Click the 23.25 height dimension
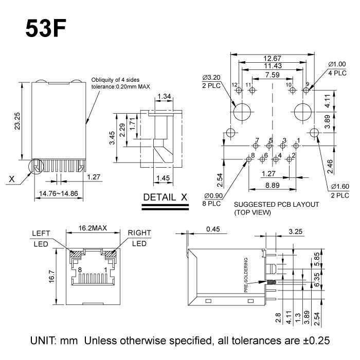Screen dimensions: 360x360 click(17, 122)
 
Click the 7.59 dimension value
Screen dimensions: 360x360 click(272, 75)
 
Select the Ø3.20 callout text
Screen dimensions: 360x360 click(212, 78)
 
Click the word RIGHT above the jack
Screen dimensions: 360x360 click(140, 232)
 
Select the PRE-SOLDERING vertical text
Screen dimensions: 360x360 click(247, 275)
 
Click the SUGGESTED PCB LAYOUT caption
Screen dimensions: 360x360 click(276, 204)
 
